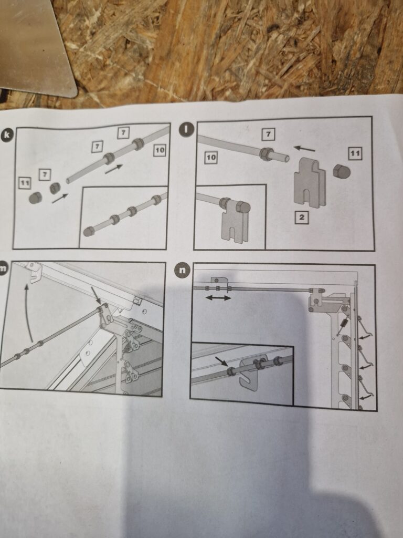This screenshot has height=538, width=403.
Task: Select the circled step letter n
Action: pyautogui.click(x=182, y=271)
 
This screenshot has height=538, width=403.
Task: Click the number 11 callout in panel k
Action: pyautogui.click(x=24, y=182)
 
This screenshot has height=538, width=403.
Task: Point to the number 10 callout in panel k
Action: pyautogui.click(x=160, y=150)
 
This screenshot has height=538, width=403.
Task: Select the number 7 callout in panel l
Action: pyautogui.click(x=268, y=135)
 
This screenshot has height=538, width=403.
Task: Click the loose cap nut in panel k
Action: pyautogui.click(x=35, y=198)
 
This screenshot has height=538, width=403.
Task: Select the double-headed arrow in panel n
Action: pyautogui.click(x=218, y=298)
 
